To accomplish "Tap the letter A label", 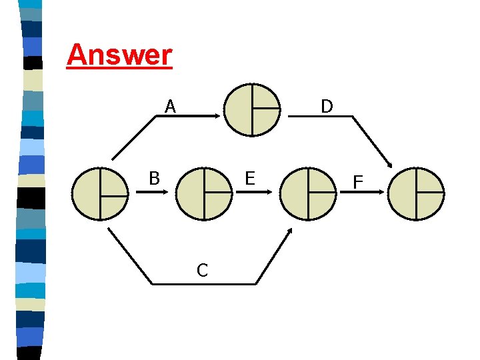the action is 171,107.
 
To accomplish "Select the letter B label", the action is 154,178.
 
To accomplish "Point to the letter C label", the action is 202,270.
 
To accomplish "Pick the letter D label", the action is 327,107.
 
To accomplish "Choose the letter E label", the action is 250,178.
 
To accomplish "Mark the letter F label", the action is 358,181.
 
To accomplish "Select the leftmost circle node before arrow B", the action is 100,193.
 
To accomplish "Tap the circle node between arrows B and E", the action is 205,193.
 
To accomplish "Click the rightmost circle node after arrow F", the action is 416,193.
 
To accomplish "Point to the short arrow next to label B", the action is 153,192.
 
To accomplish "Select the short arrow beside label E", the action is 253,192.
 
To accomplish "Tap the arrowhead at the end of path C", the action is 289,231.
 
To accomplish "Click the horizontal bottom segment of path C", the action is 203,284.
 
